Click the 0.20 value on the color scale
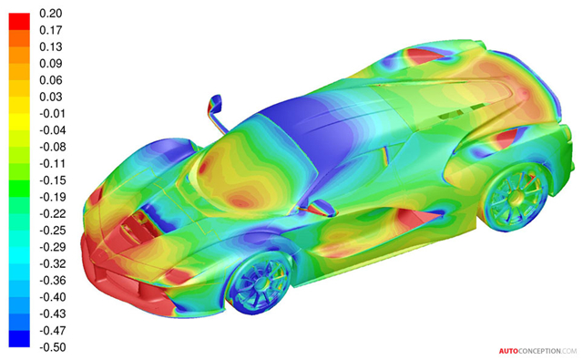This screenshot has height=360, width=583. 51,14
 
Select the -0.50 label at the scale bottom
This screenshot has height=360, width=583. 53,347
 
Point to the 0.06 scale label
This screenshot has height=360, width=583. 51,80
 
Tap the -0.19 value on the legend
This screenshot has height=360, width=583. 53,197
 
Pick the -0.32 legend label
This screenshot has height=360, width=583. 53,263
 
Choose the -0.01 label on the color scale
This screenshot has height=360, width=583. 53,113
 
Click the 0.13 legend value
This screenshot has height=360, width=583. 51,46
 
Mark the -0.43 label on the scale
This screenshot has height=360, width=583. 53,314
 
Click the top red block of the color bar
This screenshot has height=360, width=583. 19,22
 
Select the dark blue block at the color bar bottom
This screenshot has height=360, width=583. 19,338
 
